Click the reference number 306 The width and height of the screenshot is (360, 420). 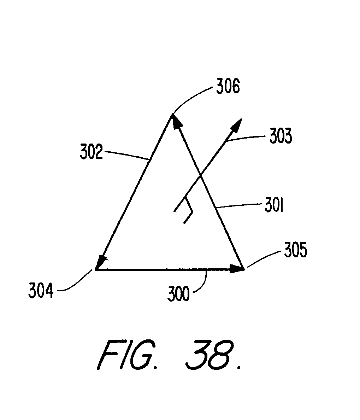pos(228,87)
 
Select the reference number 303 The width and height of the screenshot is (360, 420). pos(281,136)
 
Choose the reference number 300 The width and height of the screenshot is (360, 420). pos(179,294)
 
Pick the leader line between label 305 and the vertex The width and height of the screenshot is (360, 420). pos(263,260)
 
